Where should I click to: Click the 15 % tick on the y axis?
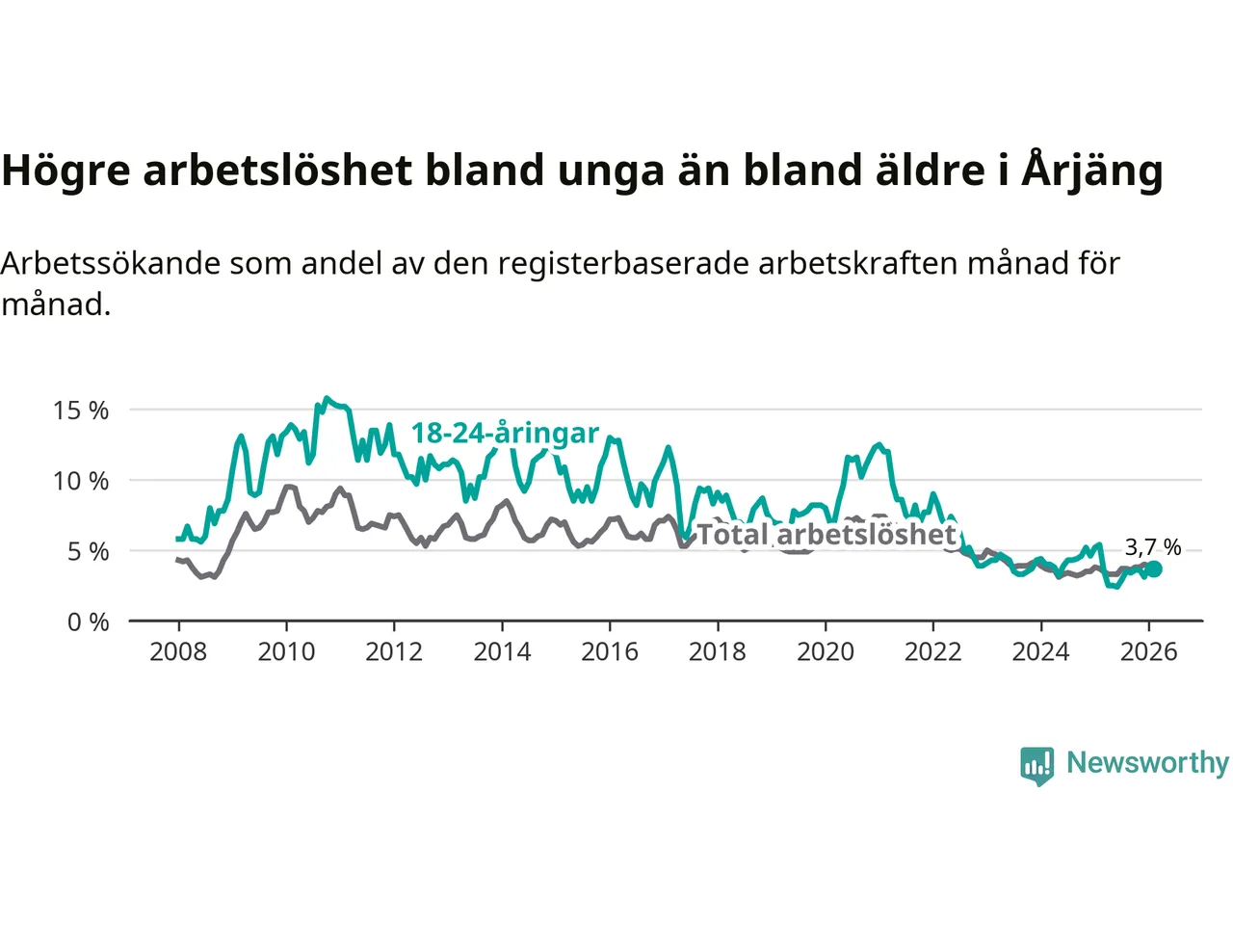(x=81, y=410)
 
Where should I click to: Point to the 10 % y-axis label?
(x=81, y=481)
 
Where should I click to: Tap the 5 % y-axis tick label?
(x=88, y=551)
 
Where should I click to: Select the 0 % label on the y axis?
(x=88, y=622)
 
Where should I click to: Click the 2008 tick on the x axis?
(x=178, y=652)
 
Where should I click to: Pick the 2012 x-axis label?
(x=394, y=652)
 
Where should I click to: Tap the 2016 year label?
(x=610, y=652)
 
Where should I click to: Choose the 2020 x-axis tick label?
(x=826, y=652)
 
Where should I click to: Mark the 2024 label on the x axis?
(x=1040, y=652)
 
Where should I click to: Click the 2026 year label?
(x=1148, y=652)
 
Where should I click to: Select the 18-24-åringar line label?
(x=505, y=434)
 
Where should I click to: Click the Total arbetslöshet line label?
(x=826, y=534)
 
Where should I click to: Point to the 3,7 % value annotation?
(x=1152, y=547)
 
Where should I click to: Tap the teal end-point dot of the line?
(x=1153, y=569)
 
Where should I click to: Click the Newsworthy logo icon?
(x=1037, y=765)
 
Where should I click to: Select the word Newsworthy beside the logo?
(x=1147, y=762)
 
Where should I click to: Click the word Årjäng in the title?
(x=1091, y=171)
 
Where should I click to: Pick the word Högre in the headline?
(x=66, y=171)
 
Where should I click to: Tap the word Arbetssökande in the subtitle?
(x=110, y=263)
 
